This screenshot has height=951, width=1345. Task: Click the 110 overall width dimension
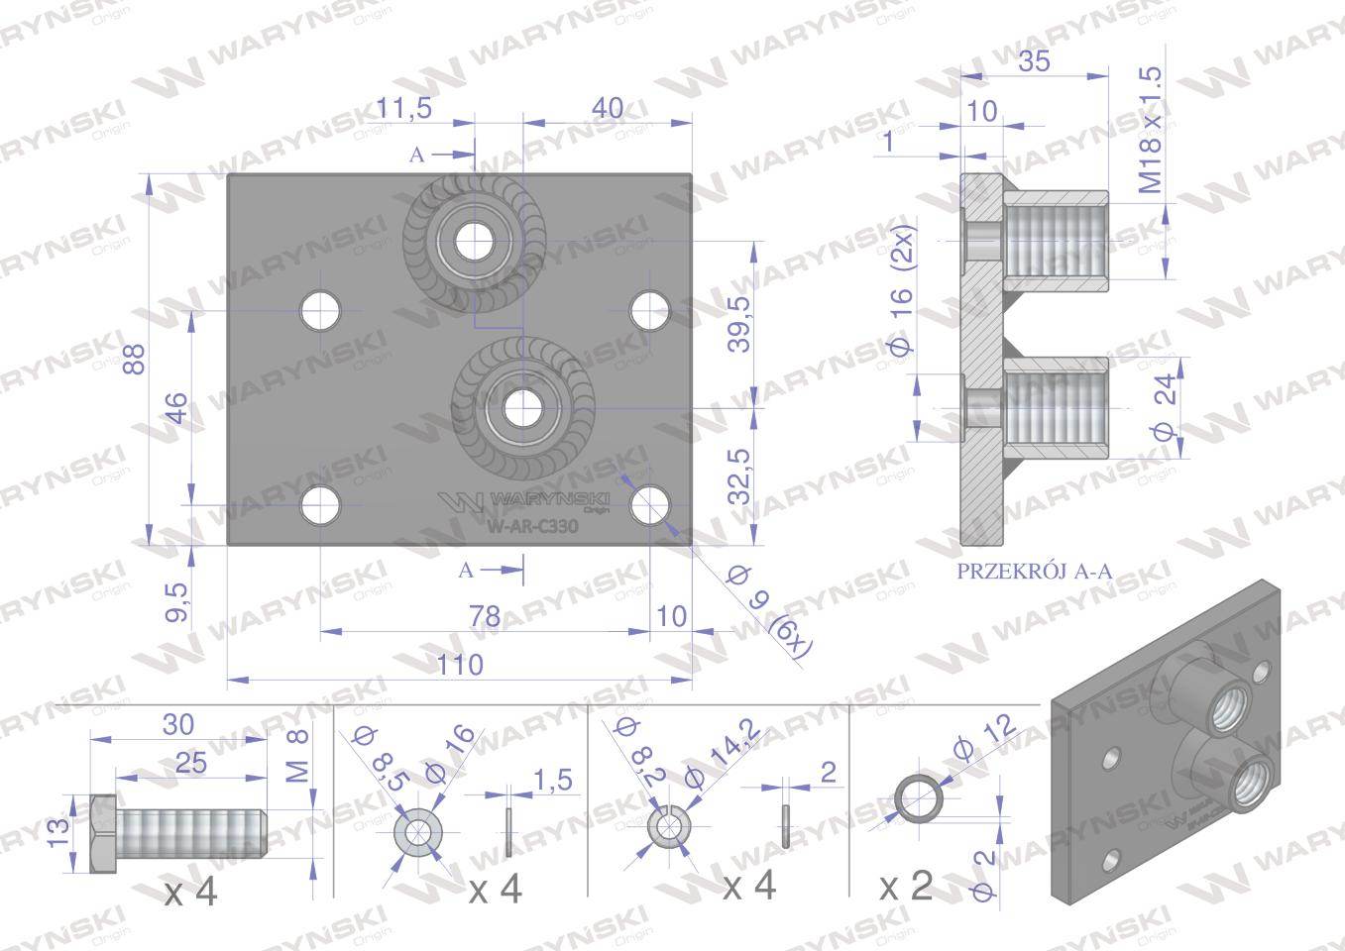(x=460, y=664)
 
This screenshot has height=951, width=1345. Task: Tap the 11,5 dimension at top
(x=404, y=108)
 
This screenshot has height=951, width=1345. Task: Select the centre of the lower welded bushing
(x=521, y=406)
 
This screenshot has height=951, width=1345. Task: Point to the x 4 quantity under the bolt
(x=190, y=893)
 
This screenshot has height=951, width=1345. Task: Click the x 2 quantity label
(x=907, y=886)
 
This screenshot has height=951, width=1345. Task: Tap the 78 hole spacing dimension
(x=483, y=616)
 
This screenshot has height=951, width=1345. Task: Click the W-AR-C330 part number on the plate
(x=532, y=527)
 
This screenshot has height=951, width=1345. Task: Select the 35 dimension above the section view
(x=1034, y=61)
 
